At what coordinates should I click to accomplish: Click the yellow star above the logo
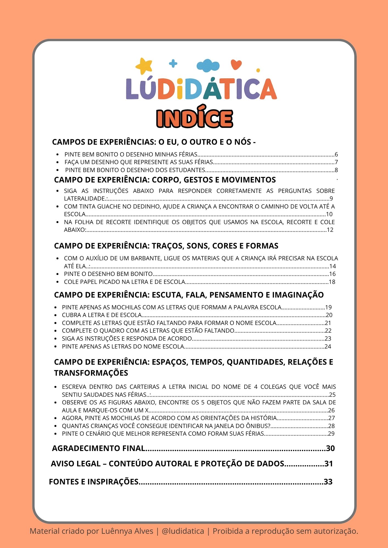click(x=144, y=66)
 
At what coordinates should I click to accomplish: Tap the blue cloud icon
click(x=208, y=65)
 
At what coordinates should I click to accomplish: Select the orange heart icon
click(x=236, y=65)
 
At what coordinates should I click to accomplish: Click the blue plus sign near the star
click(x=173, y=64)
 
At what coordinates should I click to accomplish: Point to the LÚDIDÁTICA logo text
click(x=201, y=89)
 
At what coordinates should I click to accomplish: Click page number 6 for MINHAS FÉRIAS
click(x=336, y=154)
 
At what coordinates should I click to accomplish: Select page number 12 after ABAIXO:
click(x=330, y=230)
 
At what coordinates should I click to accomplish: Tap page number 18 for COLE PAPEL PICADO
click(x=332, y=282)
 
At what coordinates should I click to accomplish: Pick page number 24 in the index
click(x=328, y=346)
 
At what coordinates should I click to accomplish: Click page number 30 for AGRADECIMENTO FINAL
click(x=330, y=448)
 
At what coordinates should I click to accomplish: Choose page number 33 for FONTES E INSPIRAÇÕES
click(x=328, y=482)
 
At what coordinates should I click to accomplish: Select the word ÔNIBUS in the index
click(x=261, y=426)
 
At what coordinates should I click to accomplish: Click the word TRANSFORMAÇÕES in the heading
click(x=91, y=373)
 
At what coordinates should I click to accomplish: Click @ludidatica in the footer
click(x=183, y=531)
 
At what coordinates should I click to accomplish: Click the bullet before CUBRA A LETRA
click(x=56, y=315)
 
